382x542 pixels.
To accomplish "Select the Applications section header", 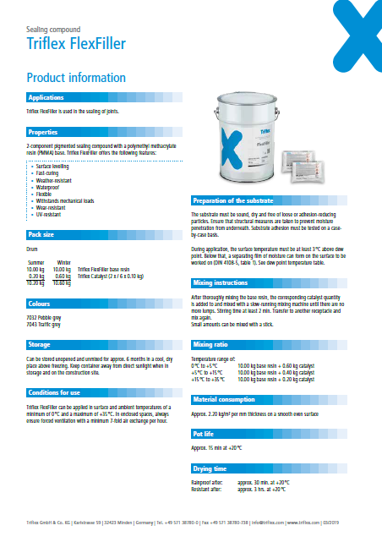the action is coord(46,98).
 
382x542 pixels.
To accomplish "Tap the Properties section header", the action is coord(43,133).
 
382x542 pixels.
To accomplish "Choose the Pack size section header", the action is coord(41,233).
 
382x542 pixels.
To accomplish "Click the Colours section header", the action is coord(40,302).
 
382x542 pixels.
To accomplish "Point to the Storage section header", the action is coord(40,346).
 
